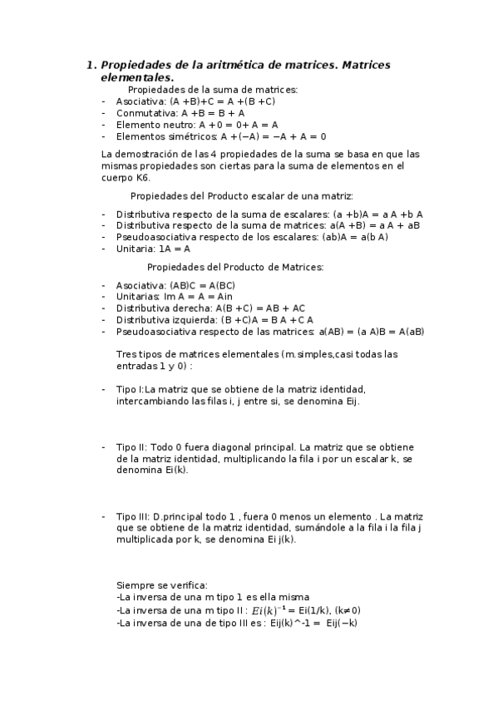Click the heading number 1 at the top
pos(91,65)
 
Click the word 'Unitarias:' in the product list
pos(139,296)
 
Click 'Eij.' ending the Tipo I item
pos(347,401)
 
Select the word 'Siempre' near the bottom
pos(135,584)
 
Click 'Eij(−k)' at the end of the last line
pos(342,622)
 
